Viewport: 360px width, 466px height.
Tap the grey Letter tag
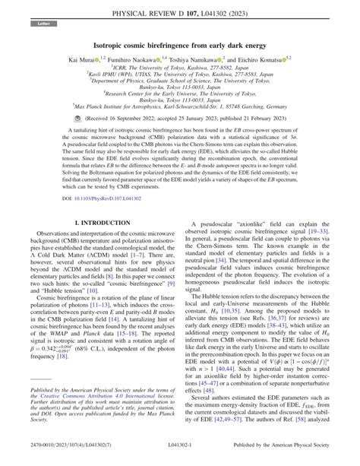point(40,25)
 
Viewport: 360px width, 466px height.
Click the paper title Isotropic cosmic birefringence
point(179,46)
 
